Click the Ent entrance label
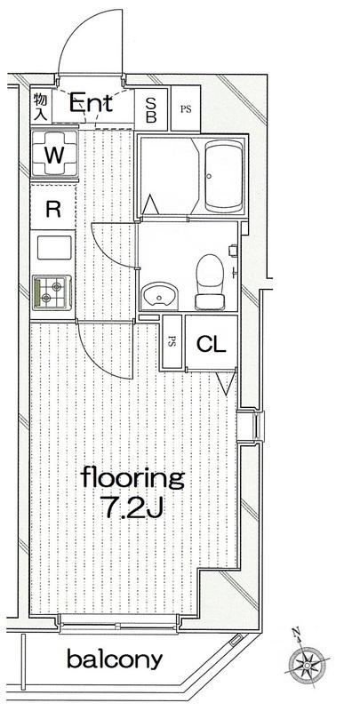point(91,103)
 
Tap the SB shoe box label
point(150,110)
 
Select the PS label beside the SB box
point(186,109)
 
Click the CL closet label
point(211,345)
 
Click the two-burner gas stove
point(52,292)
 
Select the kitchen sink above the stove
point(54,248)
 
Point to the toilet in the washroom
point(210,282)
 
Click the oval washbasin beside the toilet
point(159,296)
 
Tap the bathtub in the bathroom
point(224,176)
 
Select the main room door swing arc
point(94,360)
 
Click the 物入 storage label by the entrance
point(40,106)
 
